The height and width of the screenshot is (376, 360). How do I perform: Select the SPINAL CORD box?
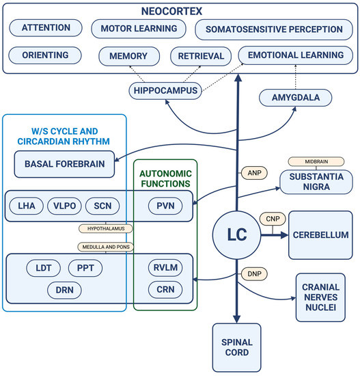click(x=236, y=348)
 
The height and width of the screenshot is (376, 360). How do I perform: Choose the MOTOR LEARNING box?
click(x=139, y=29)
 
